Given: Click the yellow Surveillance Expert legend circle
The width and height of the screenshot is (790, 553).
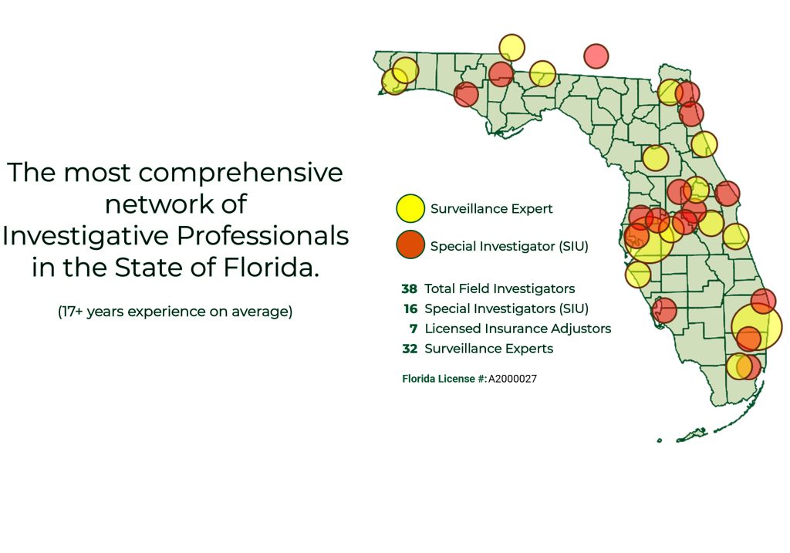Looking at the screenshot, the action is coord(410,208).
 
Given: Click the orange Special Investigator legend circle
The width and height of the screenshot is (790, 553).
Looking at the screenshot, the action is coord(410,244).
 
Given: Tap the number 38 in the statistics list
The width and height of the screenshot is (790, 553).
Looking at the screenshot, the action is coord(409,288).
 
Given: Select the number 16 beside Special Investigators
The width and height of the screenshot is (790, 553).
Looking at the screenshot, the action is coord(410,309).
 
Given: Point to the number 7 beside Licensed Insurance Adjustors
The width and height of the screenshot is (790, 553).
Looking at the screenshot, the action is coord(414,329).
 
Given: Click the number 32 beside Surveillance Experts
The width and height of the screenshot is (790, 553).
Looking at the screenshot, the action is coord(410,349).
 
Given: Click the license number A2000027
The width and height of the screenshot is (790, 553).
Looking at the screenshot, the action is coord(512,379).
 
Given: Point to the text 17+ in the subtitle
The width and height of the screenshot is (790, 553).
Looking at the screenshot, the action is coord(72,312).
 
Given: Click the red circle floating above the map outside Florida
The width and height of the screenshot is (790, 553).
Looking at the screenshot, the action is coord(596,56).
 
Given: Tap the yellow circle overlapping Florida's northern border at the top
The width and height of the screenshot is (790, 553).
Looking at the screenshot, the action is coord(512,47).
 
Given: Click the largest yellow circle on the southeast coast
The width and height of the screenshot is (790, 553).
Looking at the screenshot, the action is coord(757,325).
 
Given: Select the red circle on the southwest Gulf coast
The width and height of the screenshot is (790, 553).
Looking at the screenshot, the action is coord(664,310).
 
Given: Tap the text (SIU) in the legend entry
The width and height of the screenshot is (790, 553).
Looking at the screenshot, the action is coord(573,246).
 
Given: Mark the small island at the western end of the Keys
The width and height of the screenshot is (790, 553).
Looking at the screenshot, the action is coord(659,440).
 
